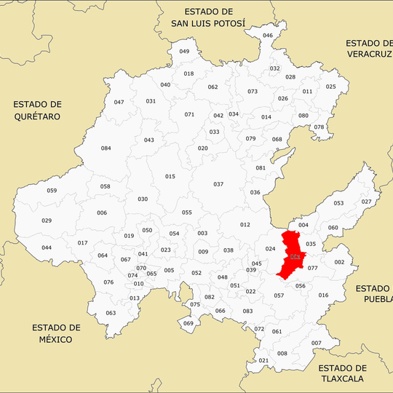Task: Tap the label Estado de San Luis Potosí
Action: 208,17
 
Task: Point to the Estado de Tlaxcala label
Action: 342,373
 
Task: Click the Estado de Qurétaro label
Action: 36,110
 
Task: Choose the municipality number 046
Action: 268,36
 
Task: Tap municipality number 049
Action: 184,52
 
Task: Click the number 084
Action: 106,148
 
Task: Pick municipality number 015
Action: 170,177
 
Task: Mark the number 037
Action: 218,184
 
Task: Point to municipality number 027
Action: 366,202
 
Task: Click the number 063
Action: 111,313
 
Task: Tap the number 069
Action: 188,323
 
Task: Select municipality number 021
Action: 263,361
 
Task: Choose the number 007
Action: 316,343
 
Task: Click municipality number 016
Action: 323,295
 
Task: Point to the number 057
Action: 279,295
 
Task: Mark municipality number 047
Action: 119,102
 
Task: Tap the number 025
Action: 331,87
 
